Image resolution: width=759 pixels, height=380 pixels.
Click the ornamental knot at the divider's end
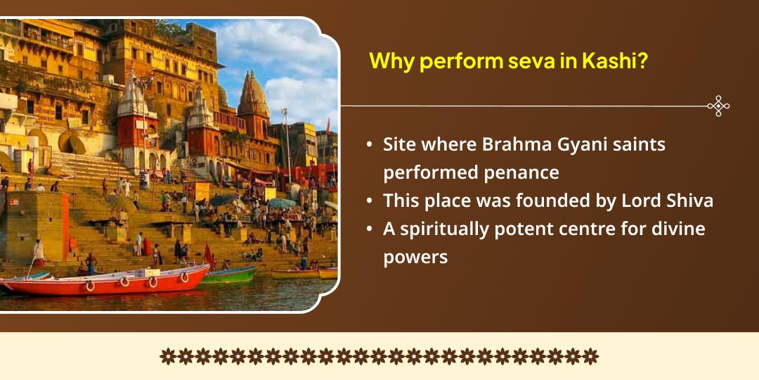point(718,106)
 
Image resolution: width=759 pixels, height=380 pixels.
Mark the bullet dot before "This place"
point(370,201)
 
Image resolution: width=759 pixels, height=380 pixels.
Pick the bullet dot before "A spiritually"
point(370,229)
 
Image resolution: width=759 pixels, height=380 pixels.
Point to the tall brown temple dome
point(254,99)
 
